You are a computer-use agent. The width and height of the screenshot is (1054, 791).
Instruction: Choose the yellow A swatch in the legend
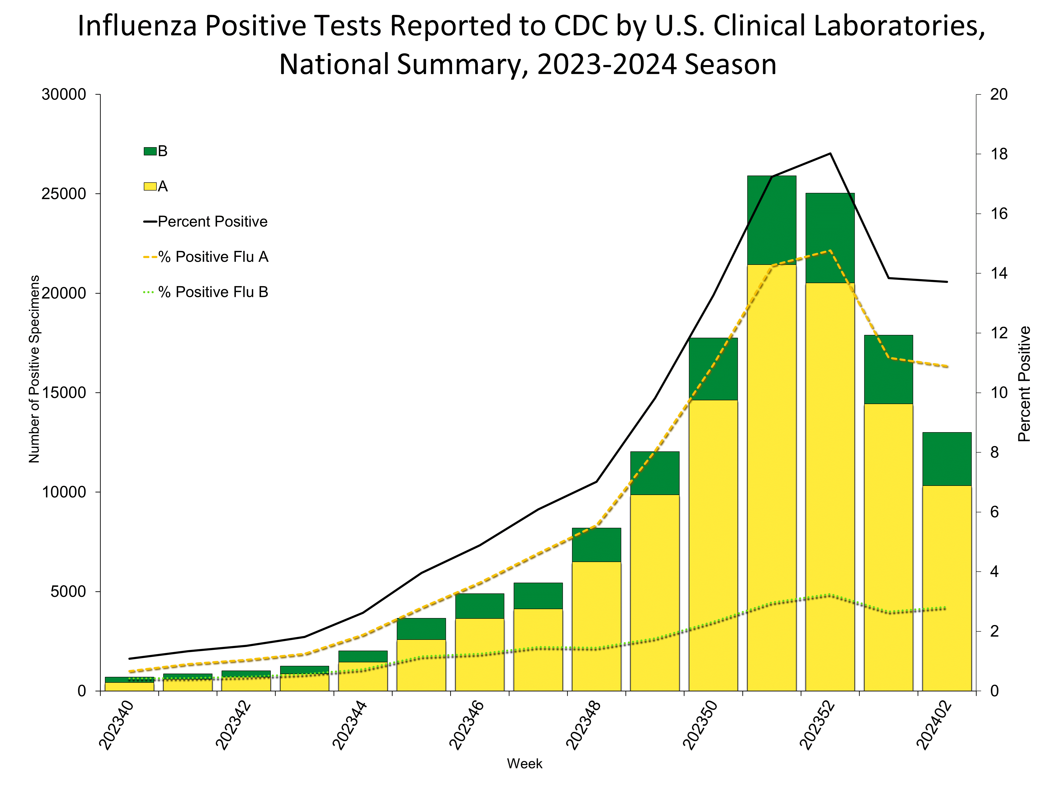click(150, 186)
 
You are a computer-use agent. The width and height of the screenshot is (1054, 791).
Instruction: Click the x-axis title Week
click(525, 764)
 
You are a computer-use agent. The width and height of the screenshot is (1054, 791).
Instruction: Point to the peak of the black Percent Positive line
click(830, 154)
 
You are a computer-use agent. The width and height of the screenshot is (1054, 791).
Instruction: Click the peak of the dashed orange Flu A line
click(830, 251)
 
